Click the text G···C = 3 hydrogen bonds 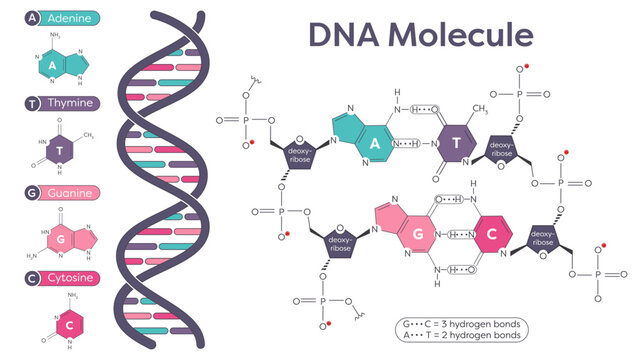click(x=459, y=323)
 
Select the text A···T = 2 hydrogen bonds click(x=459, y=336)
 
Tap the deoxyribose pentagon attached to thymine click(x=502, y=150)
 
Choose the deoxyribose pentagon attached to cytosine click(x=543, y=236)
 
